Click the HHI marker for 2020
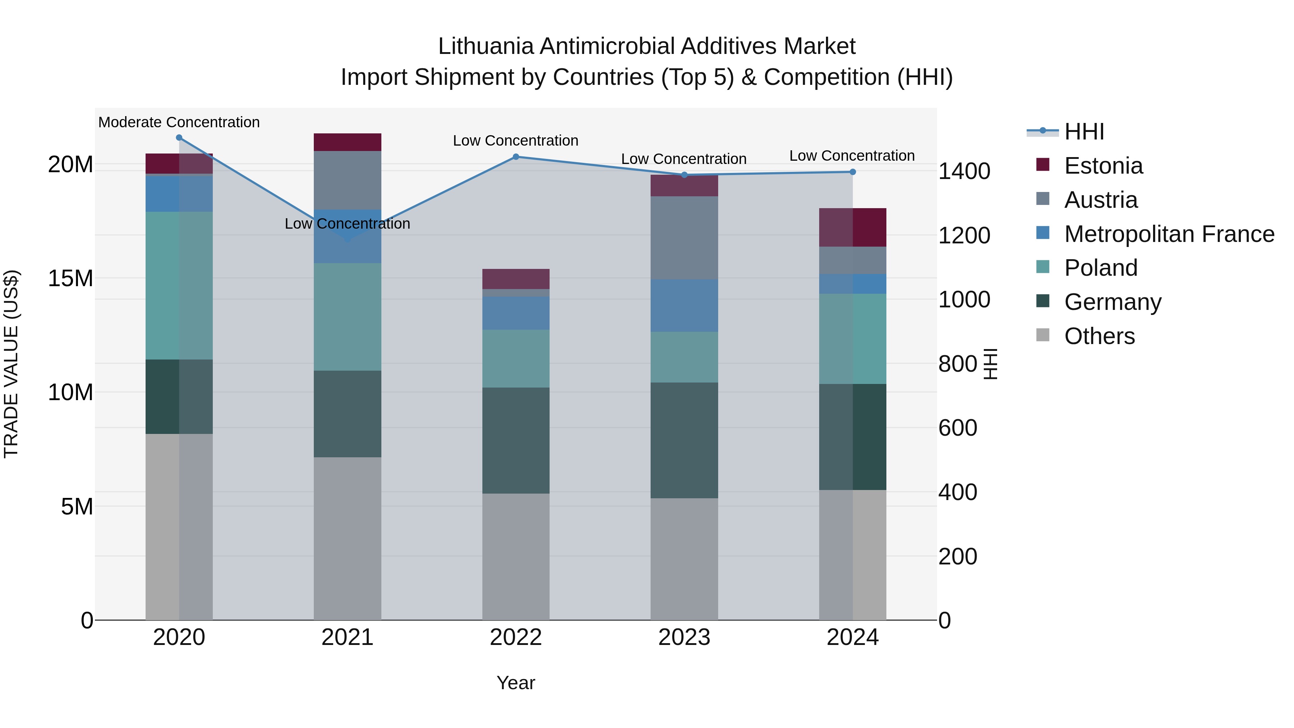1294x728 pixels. [179, 138]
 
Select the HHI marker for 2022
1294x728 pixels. [515, 157]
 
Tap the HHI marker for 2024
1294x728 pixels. [853, 172]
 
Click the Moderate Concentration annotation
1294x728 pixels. [179, 122]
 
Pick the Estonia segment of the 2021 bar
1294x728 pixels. [347, 142]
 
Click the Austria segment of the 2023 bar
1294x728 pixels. [684, 238]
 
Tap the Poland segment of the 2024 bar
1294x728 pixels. [853, 339]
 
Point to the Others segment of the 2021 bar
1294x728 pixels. [347, 538]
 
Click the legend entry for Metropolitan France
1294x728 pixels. [1169, 234]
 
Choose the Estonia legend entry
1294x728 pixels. [1103, 166]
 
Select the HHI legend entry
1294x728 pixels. [1084, 132]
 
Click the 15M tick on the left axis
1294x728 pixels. [70, 278]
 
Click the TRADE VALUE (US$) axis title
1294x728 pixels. [11, 364]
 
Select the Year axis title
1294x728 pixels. [515, 683]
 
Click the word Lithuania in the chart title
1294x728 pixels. [485, 46]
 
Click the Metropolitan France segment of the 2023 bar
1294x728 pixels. [684, 306]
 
